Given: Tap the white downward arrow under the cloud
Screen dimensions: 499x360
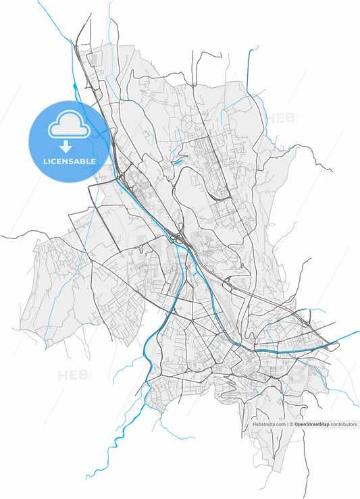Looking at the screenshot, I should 66,146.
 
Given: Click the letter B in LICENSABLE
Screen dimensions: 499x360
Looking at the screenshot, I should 83,161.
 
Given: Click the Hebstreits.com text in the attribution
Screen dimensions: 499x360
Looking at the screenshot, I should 269,425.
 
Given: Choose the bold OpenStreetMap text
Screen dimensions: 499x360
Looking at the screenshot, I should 311,425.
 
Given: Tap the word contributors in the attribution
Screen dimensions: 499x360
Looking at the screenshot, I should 344,425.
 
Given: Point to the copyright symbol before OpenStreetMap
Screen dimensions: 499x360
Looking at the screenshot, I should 291,425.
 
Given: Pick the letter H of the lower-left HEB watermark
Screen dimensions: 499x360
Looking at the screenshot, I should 63,375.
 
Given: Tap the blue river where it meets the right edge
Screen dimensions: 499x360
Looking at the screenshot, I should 357,332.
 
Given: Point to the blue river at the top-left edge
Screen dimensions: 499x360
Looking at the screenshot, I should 41,4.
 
